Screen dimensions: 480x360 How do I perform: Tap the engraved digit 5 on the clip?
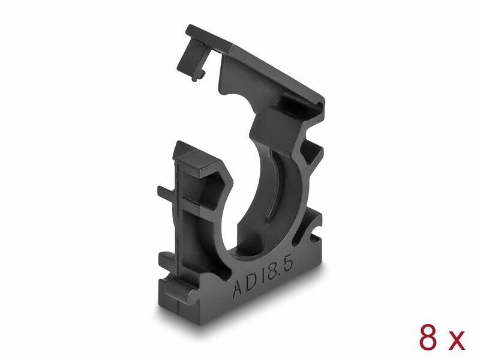(x=288, y=264)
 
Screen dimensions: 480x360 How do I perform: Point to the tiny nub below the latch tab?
(x=194, y=79)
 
